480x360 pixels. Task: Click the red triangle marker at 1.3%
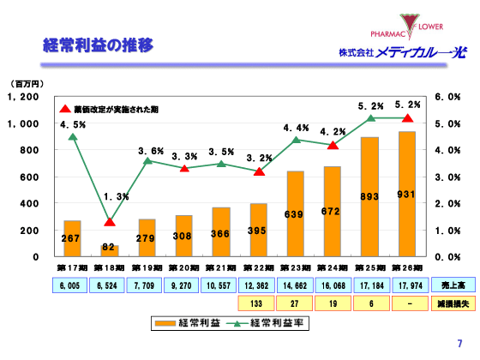click(x=110, y=223)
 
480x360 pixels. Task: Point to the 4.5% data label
click(x=72, y=125)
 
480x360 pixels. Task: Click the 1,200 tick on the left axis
click(x=23, y=98)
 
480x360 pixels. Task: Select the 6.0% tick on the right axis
click(x=449, y=98)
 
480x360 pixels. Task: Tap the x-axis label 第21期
click(x=221, y=267)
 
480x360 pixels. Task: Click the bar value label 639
click(x=295, y=214)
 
